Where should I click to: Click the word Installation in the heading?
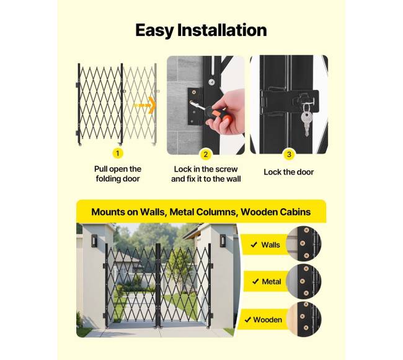click(x=222, y=30)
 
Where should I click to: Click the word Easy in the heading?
click(x=154, y=31)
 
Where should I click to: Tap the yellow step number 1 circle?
click(x=118, y=153)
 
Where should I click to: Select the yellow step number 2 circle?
click(x=205, y=154)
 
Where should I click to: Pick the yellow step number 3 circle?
click(x=289, y=154)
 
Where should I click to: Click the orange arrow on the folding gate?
click(x=144, y=105)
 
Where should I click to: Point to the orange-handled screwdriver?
click(x=208, y=112)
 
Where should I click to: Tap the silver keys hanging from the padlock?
click(x=306, y=121)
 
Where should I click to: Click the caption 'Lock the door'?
click(x=289, y=172)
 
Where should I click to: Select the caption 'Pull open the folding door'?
click(x=118, y=174)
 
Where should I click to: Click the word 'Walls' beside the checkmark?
click(x=270, y=245)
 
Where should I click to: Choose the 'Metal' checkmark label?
click(x=267, y=282)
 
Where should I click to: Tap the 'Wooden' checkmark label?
click(x=263, y=320)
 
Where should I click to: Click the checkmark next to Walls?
click(x=254, y=245)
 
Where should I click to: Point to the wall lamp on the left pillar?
click(x=94, y=240)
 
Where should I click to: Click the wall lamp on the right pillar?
click(x=223, y=240)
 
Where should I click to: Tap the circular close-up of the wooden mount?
click(x=304, y=320)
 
